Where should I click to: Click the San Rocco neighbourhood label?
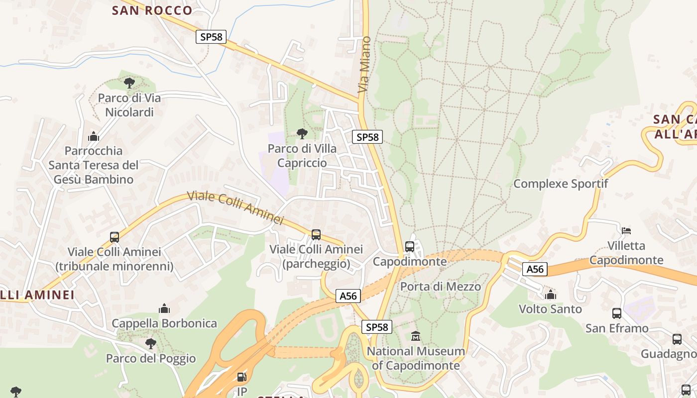click(x=152, y=10)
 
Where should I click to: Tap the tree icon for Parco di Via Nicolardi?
click(x=129, y=83)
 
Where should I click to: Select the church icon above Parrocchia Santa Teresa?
click(x=94, y=136)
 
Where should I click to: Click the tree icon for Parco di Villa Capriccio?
click(x=302, y=133)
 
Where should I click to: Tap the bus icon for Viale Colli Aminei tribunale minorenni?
click(x=115, y=237)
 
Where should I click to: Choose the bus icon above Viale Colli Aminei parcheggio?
click(x=316, y=234)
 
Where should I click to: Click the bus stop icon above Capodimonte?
click(x=410, y=246)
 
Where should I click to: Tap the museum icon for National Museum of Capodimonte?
click(x=416, y=336)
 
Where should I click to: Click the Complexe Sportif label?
click(x=561, y=184)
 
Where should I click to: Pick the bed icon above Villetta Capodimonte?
click(x=626, y=230)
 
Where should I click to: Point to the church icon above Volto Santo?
click(x=550, y=295)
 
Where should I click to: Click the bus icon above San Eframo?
click(x=617, y=313)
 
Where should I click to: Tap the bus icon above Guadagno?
click(x=677, y=339)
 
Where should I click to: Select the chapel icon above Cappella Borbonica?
click(x=164, y=308)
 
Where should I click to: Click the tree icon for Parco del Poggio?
click(x=150, y=343)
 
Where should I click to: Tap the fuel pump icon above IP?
click(x=241, y=378)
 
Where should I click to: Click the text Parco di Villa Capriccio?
click(x=302, y=156)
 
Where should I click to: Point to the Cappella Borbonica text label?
click(x=164, y=323)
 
